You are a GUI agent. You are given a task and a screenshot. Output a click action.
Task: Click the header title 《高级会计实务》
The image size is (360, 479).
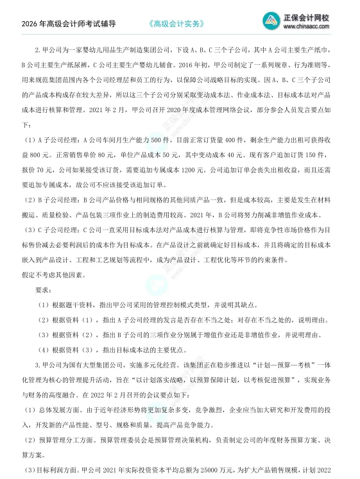click(x=175, y=24)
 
